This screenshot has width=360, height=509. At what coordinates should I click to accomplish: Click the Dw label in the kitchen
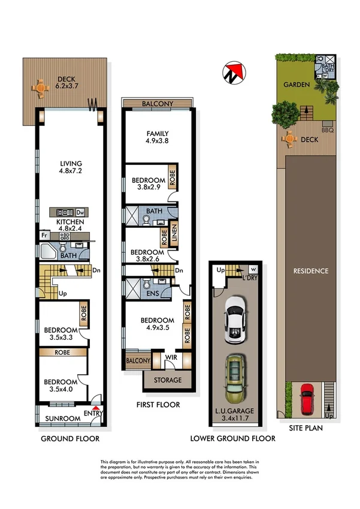[80, 213]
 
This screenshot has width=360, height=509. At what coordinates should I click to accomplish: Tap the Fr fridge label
[44, 236]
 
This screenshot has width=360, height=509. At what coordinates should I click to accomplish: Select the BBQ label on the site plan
[327, 129]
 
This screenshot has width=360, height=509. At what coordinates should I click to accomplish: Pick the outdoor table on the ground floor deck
[40, 88]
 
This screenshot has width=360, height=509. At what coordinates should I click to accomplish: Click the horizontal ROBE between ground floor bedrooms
[63, 353]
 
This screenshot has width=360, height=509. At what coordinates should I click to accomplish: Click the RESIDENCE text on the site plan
[310, 271]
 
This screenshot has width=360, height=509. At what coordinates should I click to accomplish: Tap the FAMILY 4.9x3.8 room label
[158, 138]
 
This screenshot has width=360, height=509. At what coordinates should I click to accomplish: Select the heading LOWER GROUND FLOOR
[233, 438]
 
